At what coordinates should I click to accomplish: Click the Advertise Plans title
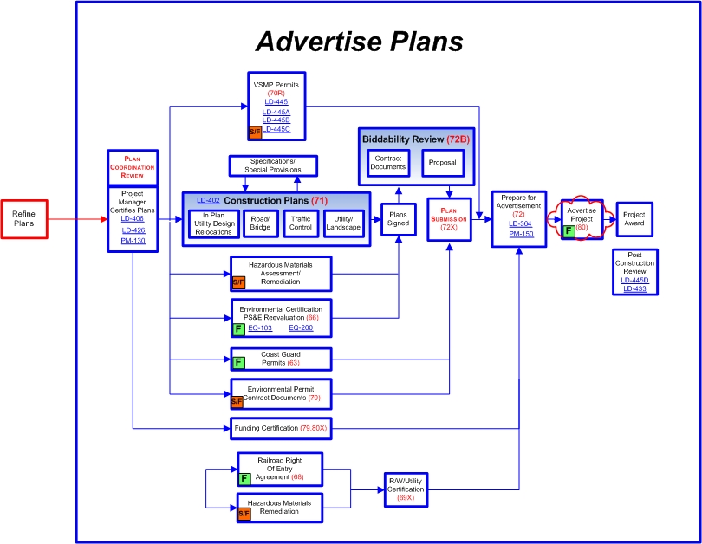coord(359,41)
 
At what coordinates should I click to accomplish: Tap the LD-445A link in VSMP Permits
coord(277,112)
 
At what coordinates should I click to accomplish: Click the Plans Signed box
coord(398,218)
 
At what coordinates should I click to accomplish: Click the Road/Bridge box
coord(259,224)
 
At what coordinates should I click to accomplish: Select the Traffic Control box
coord(300,224)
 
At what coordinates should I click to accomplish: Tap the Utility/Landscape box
coord(343,224)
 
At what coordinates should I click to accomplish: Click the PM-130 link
coord(133,240)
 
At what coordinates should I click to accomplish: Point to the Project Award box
coord(634,218)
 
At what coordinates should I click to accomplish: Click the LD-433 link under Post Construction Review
coord(635,288)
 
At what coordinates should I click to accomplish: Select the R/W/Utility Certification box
coord(406,489)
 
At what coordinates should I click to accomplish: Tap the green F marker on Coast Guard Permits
coord(239,361)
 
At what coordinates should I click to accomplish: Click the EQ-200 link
coord(301,328)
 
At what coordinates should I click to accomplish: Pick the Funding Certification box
coord(281,427)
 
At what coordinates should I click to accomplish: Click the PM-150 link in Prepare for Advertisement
coord(521,234)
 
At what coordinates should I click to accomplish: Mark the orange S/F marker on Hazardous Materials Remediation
coord(244,514)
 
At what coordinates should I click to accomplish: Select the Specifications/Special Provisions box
coord(273,165)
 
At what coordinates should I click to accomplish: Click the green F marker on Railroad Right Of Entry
coord(244,477)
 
